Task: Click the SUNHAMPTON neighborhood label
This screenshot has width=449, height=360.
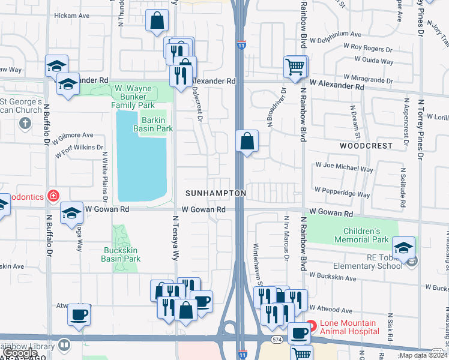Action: click(x=215, y=193)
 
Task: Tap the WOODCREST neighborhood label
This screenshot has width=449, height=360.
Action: click(x=366, y=146)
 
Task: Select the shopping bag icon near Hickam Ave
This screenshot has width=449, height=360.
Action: click(x=157, y=21)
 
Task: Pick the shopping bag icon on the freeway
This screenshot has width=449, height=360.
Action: click(x=247, y=142)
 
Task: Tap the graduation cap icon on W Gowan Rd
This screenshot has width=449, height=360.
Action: click(x=72, y=212)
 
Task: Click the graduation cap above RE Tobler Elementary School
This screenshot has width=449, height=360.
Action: click(x=404, y=247)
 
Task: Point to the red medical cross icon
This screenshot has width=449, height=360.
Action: click(x=53, y=196)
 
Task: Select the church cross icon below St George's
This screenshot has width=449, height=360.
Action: click(x=25, y=124)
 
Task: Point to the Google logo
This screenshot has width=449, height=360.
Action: click(x=20, y=353)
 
